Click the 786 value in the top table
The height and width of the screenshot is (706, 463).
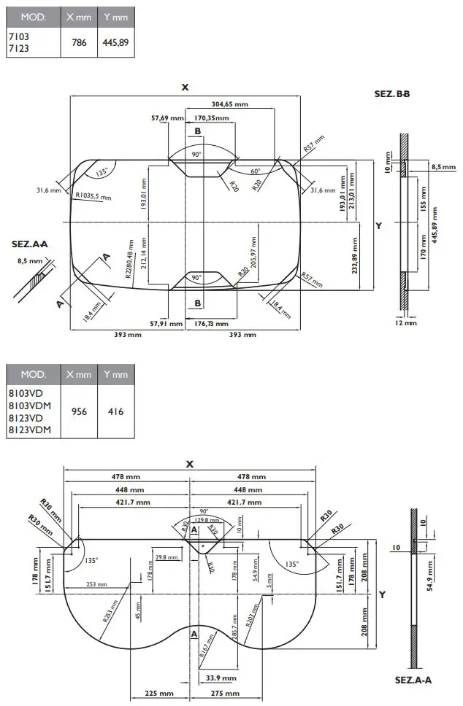coord(79,43)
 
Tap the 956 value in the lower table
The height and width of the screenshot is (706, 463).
coord(79,411)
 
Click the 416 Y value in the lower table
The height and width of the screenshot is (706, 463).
coord(115,411)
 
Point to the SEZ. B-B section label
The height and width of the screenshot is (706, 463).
coord(391,94)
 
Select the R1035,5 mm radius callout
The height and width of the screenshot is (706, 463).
coord(93,196)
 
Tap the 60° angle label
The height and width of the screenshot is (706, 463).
coord(255,171)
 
